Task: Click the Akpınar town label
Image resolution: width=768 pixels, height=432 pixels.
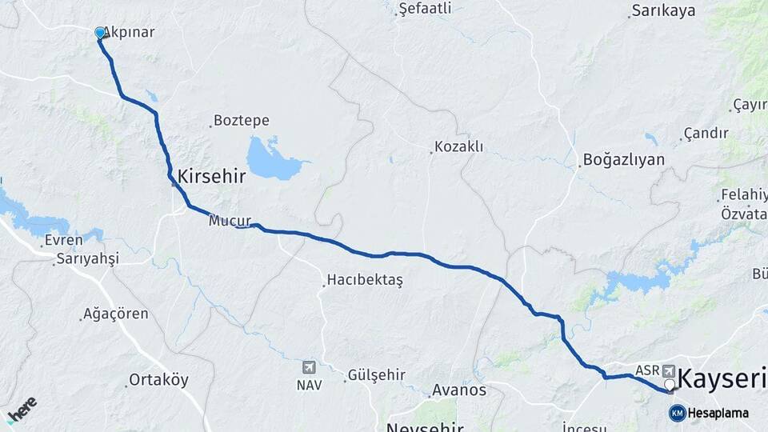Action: pos(129,33)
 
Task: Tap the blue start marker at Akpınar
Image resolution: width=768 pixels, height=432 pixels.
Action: pos(100,33)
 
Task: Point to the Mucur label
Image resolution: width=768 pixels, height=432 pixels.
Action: pos(230,220)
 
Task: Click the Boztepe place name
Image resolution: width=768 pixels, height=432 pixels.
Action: pos(242,121)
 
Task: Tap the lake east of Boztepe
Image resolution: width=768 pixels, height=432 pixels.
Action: pos(270,159)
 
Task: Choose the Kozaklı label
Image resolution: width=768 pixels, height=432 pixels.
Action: pos(459,147)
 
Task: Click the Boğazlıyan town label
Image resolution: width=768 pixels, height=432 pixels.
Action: pos(624,159)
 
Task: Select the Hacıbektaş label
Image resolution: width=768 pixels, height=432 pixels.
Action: pos(364,281)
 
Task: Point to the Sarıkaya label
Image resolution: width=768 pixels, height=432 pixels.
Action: pos(663,11)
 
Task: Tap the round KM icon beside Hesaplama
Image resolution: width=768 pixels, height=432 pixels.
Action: pos(678,413)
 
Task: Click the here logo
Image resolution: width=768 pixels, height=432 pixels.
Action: pos(22,409)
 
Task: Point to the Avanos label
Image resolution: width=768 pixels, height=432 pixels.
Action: pos(459,390)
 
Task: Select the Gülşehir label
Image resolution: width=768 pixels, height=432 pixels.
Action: pos(376,375)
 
